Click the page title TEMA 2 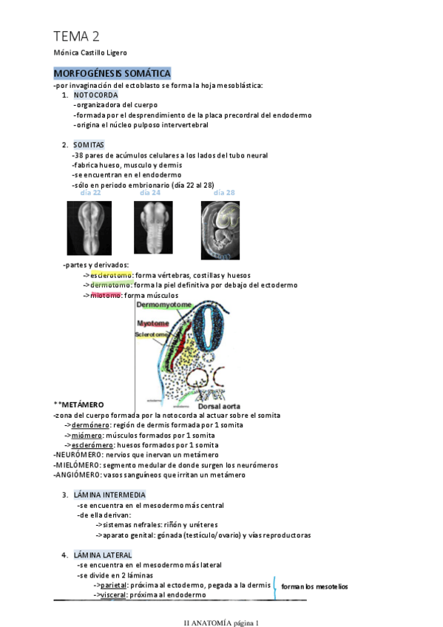pyautogui.click(x=77, y=36)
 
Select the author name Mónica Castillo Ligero pyautogui.click(x=91, y=53)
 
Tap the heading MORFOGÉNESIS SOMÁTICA pyautogui.click(x=112, y=73)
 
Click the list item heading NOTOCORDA pyautogui.click(x=95, y=95)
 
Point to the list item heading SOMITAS pyautogui.click(x=89, y=145)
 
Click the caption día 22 pyautogui.click(x=90, y=193)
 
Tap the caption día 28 pyautogui.click(x=224, y=193)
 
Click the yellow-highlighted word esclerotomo pyautogui.click(x=111, y=275)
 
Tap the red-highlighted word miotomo pyautogui.click(x=106, y=296)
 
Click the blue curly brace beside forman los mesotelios pyautogui.click(x=275, y=586)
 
